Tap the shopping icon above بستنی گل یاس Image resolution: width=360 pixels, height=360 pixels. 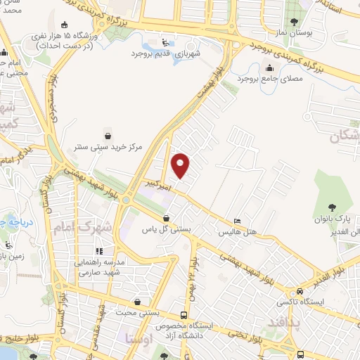click(x=166, y=217)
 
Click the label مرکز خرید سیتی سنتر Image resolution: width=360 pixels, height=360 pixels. click(x=108, y=148)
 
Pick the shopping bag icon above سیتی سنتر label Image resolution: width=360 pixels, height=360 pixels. click(x=108, y=136)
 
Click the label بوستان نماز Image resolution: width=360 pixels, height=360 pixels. click(x=313, y=33)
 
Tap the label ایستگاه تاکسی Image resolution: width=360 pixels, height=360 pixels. click(x=302, y=302)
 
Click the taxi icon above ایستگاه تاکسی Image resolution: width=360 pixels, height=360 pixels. click(x=300, y=291)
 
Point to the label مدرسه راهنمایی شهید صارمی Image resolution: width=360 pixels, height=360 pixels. click(x=99, y=266)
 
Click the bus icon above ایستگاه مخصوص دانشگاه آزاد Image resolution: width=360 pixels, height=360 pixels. click(x=184, y=316)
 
